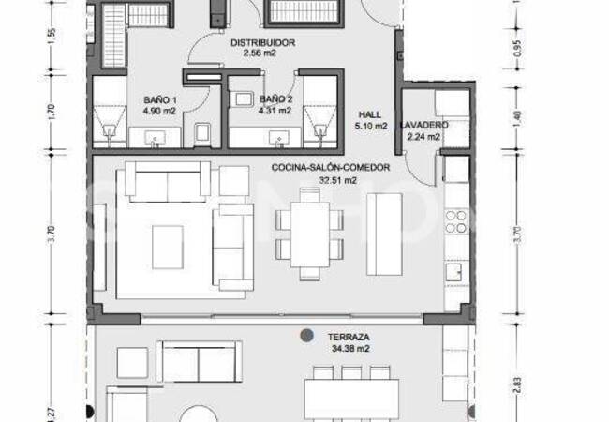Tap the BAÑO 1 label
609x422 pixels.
(160, 98)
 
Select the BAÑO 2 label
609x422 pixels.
(276, 98)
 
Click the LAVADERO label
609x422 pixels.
(423, 125)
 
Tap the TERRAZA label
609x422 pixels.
(346, 336)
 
